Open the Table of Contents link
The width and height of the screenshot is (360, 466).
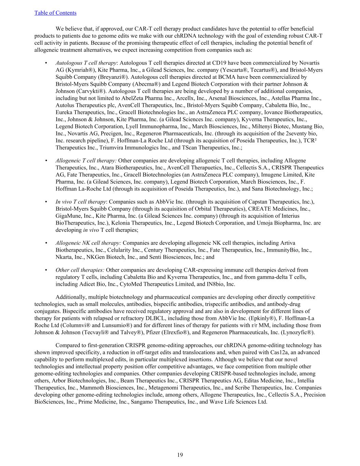55,13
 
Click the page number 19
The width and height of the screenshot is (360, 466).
180,455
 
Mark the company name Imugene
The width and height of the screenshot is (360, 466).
264,174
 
